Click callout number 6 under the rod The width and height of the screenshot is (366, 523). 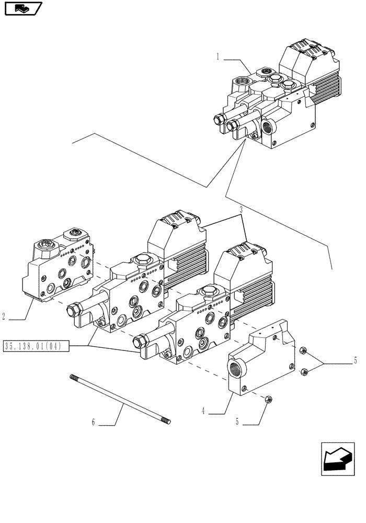pos(94,423)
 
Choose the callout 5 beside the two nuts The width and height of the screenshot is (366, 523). pos(355,360)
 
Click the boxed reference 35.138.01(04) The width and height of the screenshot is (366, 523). pos(36,346)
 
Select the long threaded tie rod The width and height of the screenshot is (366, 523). pos(121,398)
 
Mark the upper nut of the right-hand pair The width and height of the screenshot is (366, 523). pos(303,349)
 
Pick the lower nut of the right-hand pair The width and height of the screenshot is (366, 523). pos(304,372)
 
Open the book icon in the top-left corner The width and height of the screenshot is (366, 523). pos(22,8)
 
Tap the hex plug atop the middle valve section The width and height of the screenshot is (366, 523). pos(142,259)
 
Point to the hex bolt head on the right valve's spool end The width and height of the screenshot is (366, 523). pos(140,341)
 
